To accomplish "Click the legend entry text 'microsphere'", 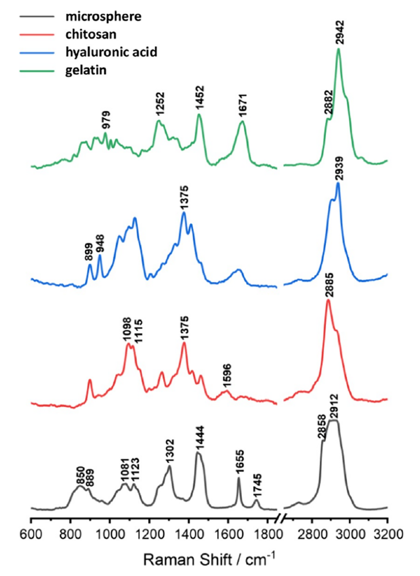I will point(103,17).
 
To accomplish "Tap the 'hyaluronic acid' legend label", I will point(111,52).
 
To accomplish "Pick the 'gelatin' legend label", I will point(86,70).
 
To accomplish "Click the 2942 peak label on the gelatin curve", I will point(340,32).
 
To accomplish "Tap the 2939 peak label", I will point(339,169).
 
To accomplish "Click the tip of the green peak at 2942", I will point(338,49).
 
